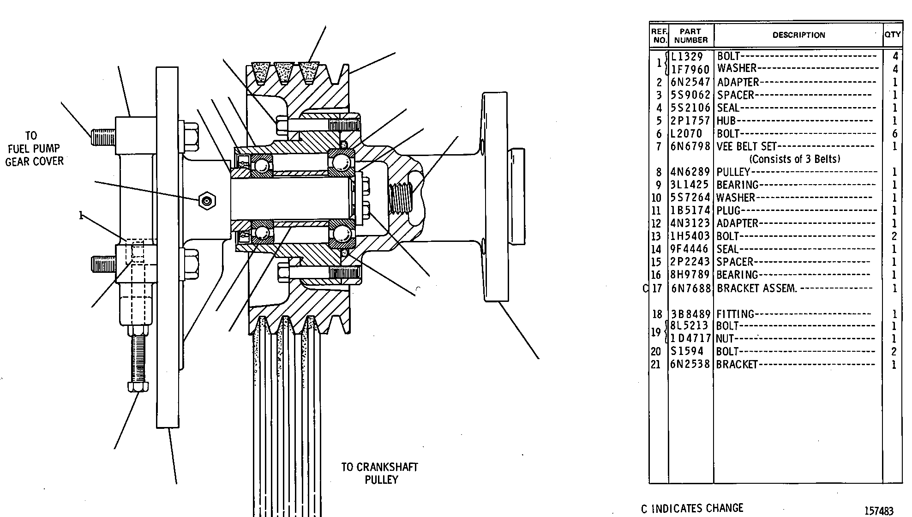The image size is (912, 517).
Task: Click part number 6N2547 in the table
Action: [690, 82]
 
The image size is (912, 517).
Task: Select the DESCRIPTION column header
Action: [798, 35]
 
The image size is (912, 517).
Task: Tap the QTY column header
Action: [893, 35]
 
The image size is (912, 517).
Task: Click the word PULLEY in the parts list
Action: [733, 172]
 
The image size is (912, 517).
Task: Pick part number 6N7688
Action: [690, 289]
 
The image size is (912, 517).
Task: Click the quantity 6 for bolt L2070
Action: [894, 134]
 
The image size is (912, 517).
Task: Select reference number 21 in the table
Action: [656, 365]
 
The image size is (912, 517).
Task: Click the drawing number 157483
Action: [879, 511]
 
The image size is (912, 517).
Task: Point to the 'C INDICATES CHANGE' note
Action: [692, 508]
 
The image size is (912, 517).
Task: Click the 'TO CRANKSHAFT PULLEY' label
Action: [380, 473]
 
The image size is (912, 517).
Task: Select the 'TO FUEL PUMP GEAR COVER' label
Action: [34, 149]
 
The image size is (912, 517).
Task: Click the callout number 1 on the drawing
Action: [81, 216]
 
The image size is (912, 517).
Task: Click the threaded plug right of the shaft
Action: [400, 198]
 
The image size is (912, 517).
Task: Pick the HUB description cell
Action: [726, 121]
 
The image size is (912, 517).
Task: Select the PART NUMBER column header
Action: [690, 36]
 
